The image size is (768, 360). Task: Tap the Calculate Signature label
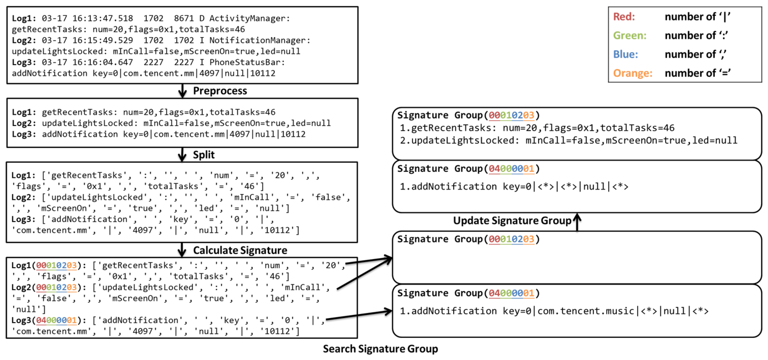pyautogui.click(x=240, y=250)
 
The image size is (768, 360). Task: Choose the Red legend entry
pyautogui.click(x=624, y=17)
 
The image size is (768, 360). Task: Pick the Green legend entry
pyautogui.click(x=629, y=35)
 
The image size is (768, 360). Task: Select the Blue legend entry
pyautogui.click(x=625, y=54)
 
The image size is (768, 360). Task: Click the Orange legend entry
pyautogui.click(x=632, y=73)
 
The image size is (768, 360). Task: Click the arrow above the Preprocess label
pyautogui.click(x=182, y=91)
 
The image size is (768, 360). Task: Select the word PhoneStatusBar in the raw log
pyautogui.click(x=247, y=62)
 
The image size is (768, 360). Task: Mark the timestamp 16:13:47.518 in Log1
pyautogui.click(x=103, y=18)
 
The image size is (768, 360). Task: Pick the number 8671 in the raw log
pyautogui.click(x=184, y=18)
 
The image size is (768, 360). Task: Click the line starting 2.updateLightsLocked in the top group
pyautogui.click(x=568, y=140)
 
